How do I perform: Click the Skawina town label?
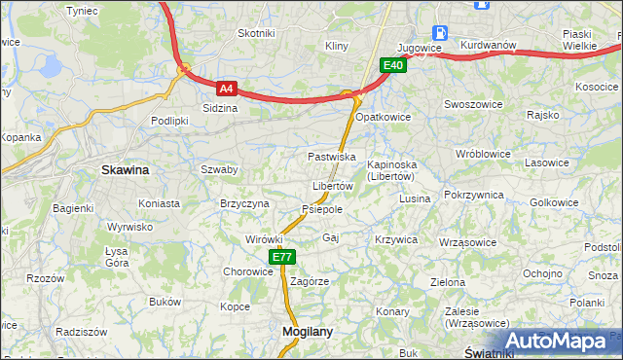[x=126, y=169]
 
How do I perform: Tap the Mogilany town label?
[x=307, y=331]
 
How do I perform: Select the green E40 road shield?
[x=392, y=65]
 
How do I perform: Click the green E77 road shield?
[x=281, y=257]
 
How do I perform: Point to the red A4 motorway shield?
[x=226, y=88]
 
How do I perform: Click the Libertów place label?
[x=332, y=186]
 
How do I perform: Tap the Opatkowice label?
[x=383, y=117]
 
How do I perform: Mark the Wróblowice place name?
[x=483, y=154]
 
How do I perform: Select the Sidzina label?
[x=219, y=108]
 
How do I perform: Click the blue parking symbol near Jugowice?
[x=439, y=31]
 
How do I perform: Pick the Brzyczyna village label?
[x=244, y=203]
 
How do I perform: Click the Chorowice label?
[x=248, y=271]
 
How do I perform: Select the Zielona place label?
[x=448, y=282]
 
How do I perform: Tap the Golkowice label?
[x=554, y=202]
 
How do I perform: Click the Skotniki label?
[x=257, y=33]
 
